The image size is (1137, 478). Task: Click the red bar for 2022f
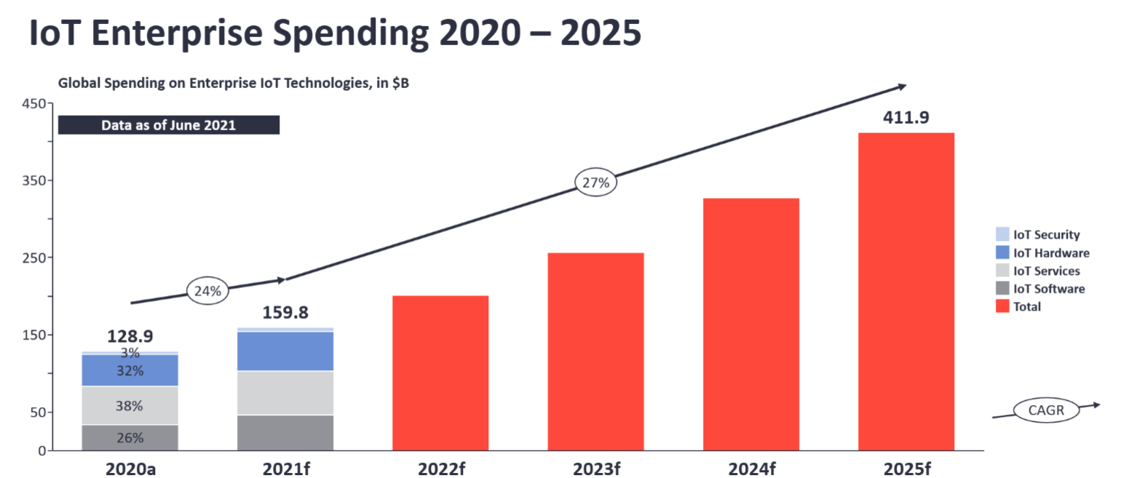[x=440, y=373]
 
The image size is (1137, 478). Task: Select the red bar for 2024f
[x=750, y=324]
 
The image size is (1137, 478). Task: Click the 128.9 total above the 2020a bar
[x=130, y=336]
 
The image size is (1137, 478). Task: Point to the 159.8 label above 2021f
[x=285, y=313]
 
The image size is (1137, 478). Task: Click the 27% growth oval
[x=595, y=183]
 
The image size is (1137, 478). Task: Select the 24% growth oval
[x=208, y=291]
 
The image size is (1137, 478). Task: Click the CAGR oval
[x=1046, y=410]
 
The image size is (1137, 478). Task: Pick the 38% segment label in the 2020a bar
[x=129, y=406]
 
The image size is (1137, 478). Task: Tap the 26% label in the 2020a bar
[x=129, y=438]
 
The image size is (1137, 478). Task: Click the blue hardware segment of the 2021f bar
[x=285, y=351]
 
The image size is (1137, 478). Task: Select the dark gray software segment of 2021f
[x=285, y=432]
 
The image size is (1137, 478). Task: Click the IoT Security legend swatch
[x=1002, y=234]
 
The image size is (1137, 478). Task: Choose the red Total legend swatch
[x=1002, y=306]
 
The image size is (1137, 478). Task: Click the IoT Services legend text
[x=1046, y=271]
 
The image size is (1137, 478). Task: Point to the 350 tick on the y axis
[x=34, y=180]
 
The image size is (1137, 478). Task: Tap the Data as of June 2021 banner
[x=168, y=125]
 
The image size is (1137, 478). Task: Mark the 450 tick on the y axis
[x=34, y=103]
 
